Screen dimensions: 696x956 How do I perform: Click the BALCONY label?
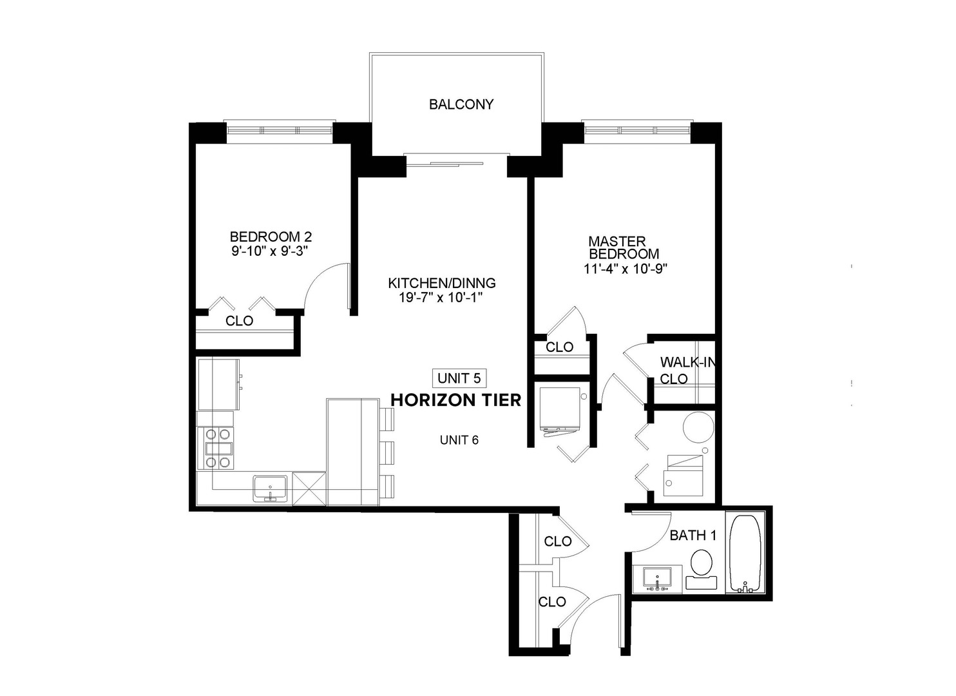click(461, 104)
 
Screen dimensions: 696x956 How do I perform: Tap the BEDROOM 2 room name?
click(271, 237)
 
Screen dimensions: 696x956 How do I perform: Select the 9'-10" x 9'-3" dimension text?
click(271, 251)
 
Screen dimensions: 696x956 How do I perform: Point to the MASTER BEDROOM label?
click(623, 247)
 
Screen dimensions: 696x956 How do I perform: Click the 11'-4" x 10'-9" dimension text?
click(624, 269)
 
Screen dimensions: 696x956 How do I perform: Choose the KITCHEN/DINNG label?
click(441, 283)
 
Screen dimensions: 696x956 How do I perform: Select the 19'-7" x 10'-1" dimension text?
click(441, 298)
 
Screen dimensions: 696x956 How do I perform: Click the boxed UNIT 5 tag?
click(459, 378)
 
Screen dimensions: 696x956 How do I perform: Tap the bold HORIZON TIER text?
click(455, 400)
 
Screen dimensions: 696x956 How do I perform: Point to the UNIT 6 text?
click(459, 440)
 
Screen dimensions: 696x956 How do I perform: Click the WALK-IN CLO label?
click(685, 371)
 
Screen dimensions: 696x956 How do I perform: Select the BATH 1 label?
click(693, 535)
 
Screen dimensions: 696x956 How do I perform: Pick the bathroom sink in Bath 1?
click(657, 578)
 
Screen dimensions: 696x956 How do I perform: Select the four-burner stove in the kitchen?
click(218, 448)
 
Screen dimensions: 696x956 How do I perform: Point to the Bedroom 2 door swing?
click(325, 287)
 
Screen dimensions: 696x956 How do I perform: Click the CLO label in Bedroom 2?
click(239, 321)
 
